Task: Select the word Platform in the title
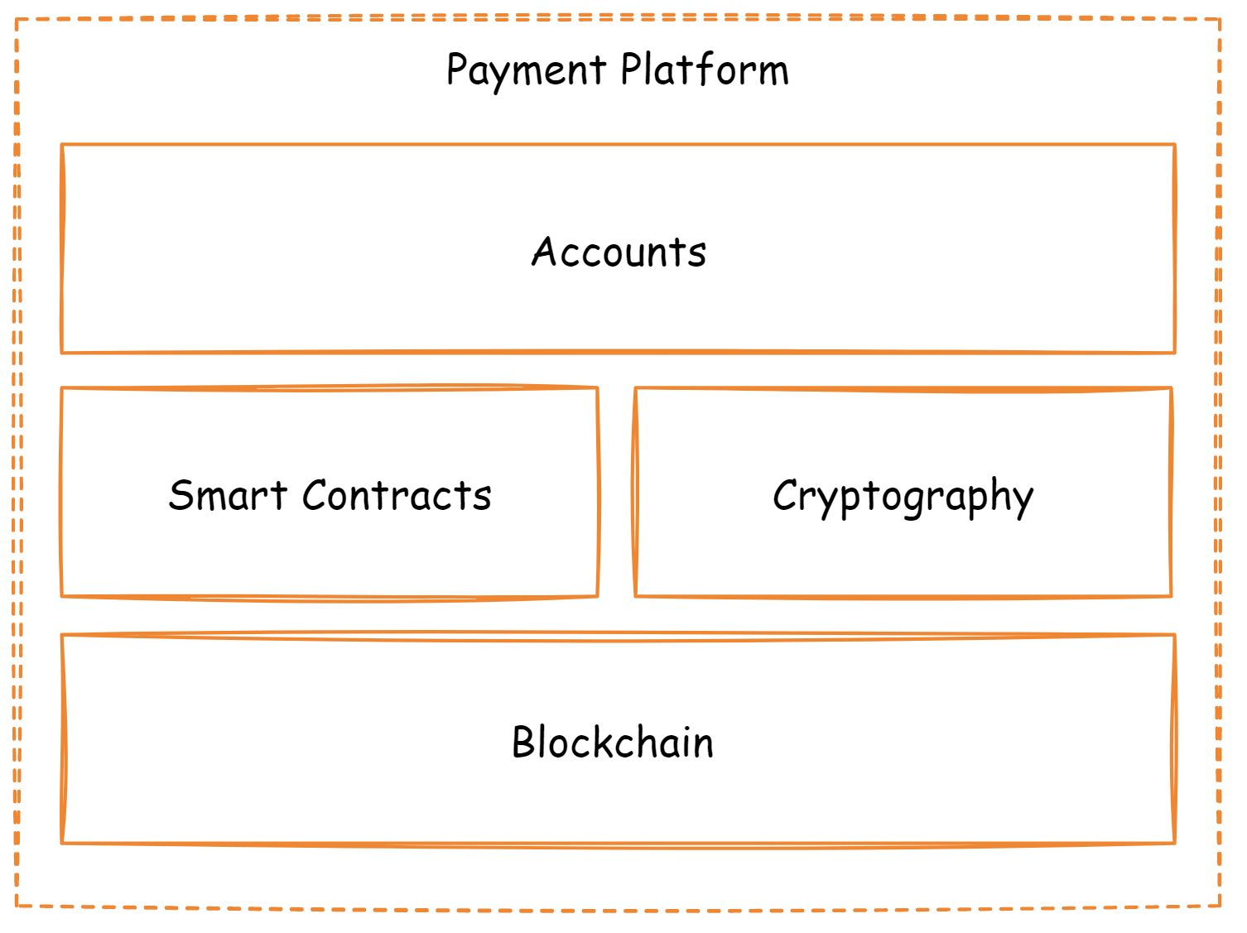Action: tap(705, 70)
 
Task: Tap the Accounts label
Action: tap(619, 252)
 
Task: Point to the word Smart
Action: tap(228, 495)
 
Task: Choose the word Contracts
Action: tap(397, 495)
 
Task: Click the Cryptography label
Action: tap(903, 497)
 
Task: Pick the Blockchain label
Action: tap(613, 742)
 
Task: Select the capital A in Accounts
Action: tap(546, 251)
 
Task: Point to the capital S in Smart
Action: tap(181, 495)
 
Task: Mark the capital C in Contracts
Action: tap(315, 495)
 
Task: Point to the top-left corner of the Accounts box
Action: tap(62, 145)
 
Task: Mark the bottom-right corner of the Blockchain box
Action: tap(1175, 843)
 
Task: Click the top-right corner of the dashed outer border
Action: tap(1220, 20)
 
